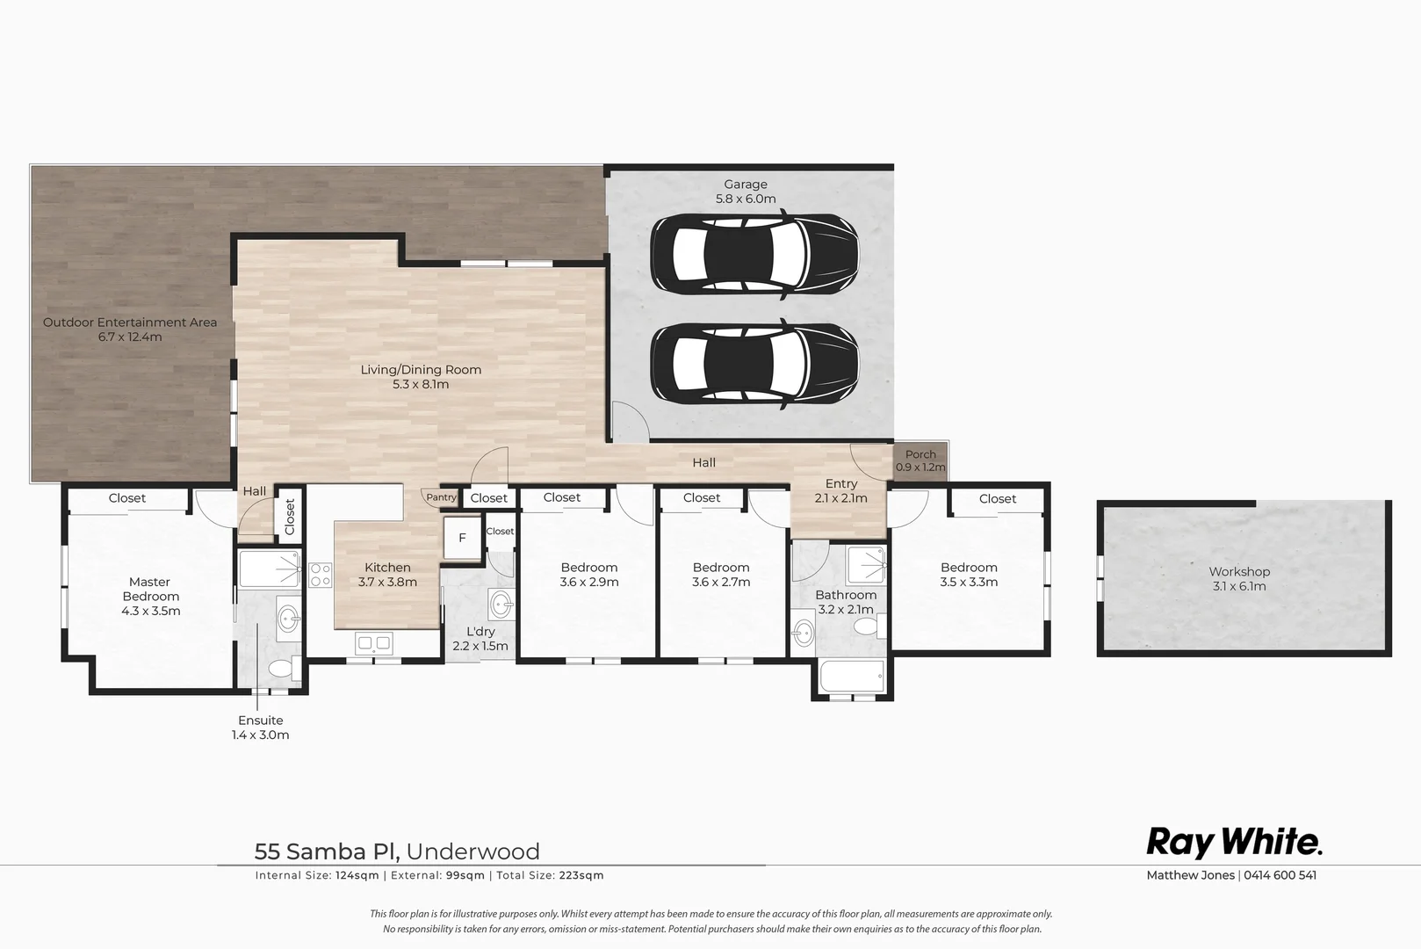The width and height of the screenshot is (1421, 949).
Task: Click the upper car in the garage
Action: pos(754,255)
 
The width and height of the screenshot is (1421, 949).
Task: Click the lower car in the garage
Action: pos(754,365)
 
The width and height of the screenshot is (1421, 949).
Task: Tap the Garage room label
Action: pos(746,185)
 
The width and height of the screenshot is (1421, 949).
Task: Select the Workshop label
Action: pos(1239,572)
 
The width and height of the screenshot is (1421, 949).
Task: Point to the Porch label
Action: pos(920,454)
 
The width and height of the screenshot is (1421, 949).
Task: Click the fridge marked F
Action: pos(462,538)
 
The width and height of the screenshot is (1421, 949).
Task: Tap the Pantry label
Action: pos(441,497)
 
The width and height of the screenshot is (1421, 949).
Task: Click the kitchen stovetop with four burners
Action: pos(321,576)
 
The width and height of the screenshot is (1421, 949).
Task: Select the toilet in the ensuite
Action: pos(280,669)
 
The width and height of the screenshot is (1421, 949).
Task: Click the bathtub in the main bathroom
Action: pos(851,677)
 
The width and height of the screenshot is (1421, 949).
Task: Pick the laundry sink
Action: pos(501,604)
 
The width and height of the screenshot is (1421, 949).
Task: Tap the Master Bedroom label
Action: pos(150,589)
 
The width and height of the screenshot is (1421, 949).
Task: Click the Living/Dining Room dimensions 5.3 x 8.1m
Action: pos(421,384)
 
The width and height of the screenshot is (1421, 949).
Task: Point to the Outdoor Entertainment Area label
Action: pos(130,322)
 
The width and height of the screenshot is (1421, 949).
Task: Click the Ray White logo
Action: pos(1234,843)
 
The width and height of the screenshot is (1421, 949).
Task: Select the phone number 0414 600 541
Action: pos(1280,875)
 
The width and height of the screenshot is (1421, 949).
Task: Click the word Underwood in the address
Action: pos(473,851)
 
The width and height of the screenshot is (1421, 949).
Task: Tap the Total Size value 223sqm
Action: pos(581,875)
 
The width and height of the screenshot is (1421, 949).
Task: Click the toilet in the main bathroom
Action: pos(867,627)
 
